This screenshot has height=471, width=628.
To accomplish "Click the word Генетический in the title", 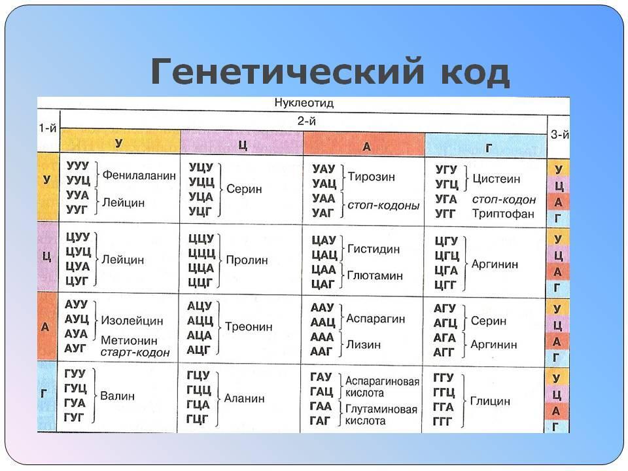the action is click(x=287, y=72).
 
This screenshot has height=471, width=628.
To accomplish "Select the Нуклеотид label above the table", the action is click(x=304, y=103).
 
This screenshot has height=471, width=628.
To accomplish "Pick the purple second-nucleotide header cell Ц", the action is click(x=241, y=143).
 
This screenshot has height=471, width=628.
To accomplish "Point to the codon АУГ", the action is click(x=75, y=348).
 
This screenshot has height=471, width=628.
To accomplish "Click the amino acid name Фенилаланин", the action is click(x=139, y=175).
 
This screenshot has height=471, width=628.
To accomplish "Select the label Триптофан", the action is click(x=503, y=214).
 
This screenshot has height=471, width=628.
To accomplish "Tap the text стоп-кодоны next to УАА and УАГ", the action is click(x=383, y=205).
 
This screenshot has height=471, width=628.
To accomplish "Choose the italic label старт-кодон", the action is click(x=135, y=353).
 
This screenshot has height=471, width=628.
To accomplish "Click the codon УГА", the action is click(x=445, y=199).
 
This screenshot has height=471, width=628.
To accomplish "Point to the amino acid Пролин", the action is click(x=247, y=260).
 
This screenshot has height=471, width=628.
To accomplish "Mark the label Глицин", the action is click(x=490, y=401).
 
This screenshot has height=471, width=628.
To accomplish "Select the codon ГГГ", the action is click(x=442, y=422).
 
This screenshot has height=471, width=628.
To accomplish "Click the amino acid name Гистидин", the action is click(x=374, y=249).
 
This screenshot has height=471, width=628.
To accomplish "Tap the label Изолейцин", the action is click(x=131, y=321).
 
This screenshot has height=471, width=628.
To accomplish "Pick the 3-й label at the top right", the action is click(x=559, y=135).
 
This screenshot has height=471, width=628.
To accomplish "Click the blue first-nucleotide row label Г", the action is click(x=44, y=394).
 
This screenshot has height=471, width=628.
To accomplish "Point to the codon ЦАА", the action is click(x=323, y=269).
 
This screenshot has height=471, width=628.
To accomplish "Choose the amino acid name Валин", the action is click(x=117, y=396).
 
